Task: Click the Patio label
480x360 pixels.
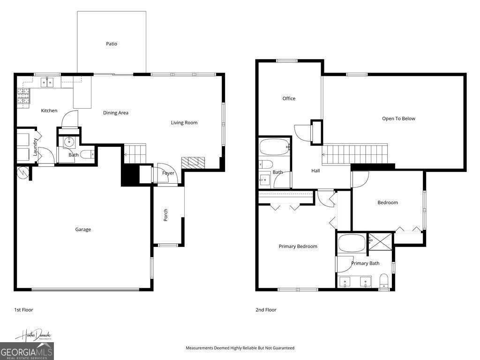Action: coord(111,44)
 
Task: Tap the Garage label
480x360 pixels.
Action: coord(83,230)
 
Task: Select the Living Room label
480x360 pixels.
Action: coord(184,123)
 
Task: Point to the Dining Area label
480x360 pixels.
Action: coord(115,113)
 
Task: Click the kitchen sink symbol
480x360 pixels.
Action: coord(47,82)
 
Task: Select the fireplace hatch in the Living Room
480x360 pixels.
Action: coord(193,163)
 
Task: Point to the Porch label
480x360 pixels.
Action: coord(165,215)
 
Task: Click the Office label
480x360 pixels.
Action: coord(289,98)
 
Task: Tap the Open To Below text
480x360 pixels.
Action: coord(398,119)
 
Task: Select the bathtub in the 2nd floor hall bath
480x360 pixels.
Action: coord(275,148)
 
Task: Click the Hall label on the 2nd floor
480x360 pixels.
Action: coord(315,171)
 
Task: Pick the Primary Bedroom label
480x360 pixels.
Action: coord(298,247)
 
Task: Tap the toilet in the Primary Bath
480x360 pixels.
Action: coord(384,281)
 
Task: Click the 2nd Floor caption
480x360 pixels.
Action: coord(266,310)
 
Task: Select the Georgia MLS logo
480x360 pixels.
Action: coord(27,351)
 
